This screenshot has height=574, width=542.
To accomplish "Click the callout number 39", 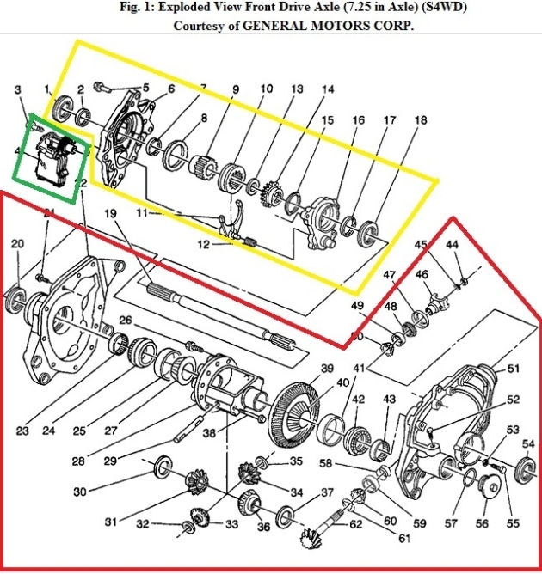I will pos(326,369).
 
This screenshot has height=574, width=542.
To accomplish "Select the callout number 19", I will pos(110,213).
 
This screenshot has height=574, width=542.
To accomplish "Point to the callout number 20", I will pos(17,244).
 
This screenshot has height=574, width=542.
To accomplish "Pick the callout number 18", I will pos(420,121).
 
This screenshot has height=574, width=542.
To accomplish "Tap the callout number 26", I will pos(126,321).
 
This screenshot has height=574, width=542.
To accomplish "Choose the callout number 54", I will pos(527,443).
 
